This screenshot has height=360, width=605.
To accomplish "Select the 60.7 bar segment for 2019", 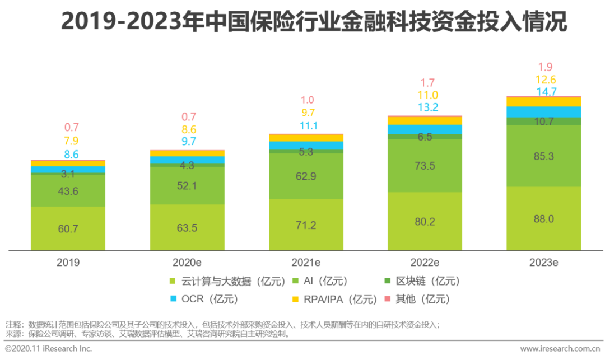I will tap(68, 228).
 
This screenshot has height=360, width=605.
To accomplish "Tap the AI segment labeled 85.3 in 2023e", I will tap(543, 156).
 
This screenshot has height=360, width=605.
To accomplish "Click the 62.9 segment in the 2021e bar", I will tap(306, 176).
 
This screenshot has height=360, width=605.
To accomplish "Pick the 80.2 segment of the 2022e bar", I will tap(425, 221).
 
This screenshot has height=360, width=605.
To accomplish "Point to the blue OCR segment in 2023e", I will tap(543, 112).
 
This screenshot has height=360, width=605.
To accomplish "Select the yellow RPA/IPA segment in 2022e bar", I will tap(425, 120).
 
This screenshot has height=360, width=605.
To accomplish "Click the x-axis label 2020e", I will tap(187, 262).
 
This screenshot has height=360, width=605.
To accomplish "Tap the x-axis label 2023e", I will tap(543, 262).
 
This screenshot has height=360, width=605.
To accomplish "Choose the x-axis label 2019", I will tap(68, 262).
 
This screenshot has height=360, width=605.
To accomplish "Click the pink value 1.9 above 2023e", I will tap(546, 67).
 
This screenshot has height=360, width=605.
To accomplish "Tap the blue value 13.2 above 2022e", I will tap(425, 107).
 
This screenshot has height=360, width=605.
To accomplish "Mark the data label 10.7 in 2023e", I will tap(543, 121).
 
